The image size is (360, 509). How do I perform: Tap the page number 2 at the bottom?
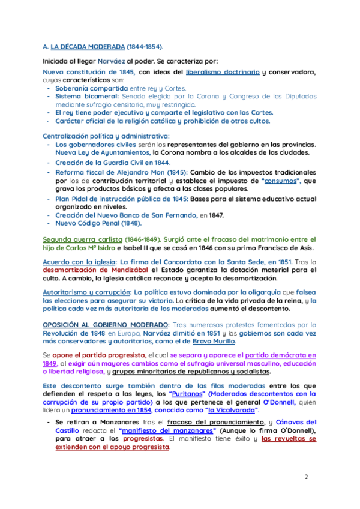pyautogui.click(x=306, y=477)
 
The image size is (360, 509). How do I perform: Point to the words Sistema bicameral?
pyautogui.click(x=86, y=96)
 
